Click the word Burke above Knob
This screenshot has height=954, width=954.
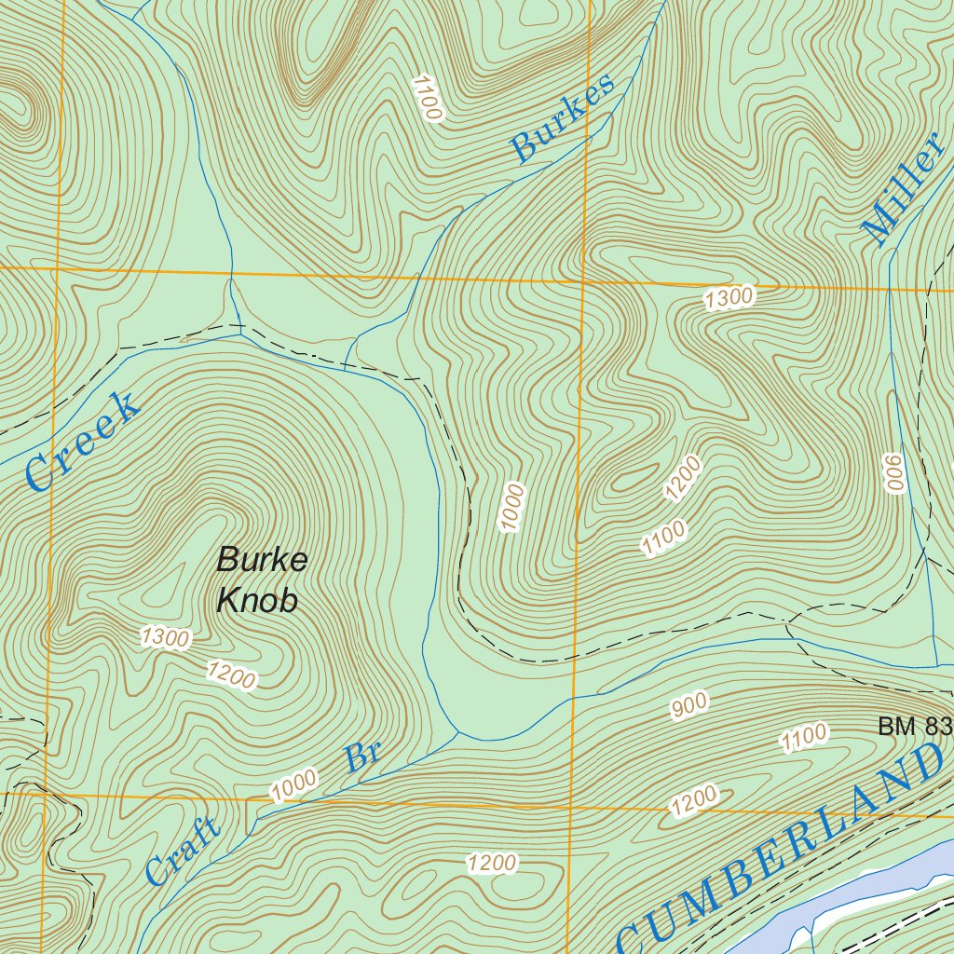(x=262, y=561)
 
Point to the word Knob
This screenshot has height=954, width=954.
(x=257, y=601)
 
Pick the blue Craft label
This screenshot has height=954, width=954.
(x=183, y=851)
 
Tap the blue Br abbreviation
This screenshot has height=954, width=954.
(x=363, y=754)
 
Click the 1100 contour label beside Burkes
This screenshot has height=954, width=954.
(x=428, y=99)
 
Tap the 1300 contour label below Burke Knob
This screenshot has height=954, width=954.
(x=166, y=638)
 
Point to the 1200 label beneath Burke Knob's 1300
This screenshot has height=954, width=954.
(x=231, y=675)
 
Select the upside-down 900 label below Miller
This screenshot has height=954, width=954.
(x=895, y=474)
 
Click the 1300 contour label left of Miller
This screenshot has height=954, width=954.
(x=729, y=298)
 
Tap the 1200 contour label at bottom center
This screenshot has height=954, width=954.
(x=492, y=864)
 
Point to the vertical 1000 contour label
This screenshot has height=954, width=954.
(x=512, y=508)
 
